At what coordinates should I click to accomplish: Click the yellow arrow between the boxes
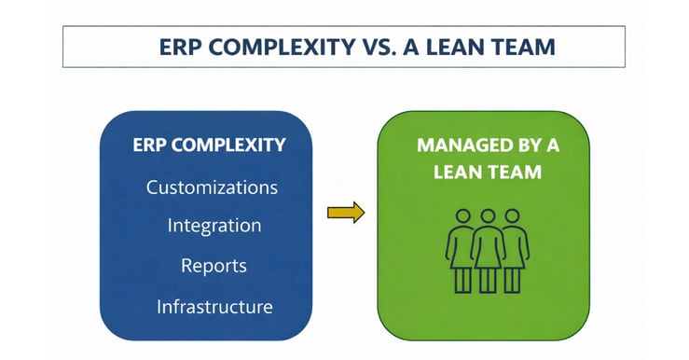pyautogui.click(x=345, y=213)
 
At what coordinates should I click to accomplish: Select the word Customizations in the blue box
pyautogui.click(x=212, y=187)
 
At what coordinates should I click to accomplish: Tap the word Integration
pyautogui.click(x=214, y=226)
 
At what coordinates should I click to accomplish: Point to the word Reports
pyautogui.click(x=214, y=266)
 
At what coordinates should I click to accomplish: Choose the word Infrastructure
pyautogui.click(x=214, y=306)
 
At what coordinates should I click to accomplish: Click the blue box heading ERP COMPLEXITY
pyautogui.click(x=208, y=146)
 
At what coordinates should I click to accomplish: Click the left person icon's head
pyautogui.click(x=462, y=216)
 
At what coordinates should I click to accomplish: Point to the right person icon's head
pyautogui.click(x=512, y=216)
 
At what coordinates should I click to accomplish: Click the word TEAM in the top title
pyautogui.click(x=527, y=48)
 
